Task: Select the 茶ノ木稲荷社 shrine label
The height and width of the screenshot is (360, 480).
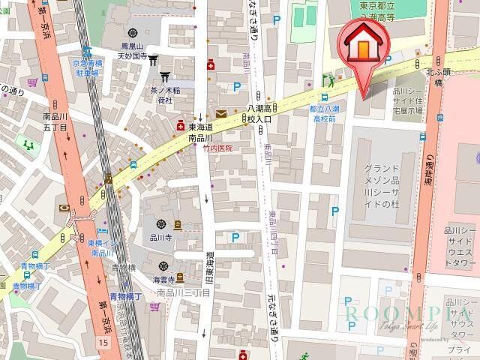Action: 164,94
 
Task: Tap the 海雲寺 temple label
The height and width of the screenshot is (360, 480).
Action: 163,279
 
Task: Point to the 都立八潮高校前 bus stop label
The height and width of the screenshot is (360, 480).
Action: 325,113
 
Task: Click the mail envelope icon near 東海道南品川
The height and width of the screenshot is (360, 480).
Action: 220,114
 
